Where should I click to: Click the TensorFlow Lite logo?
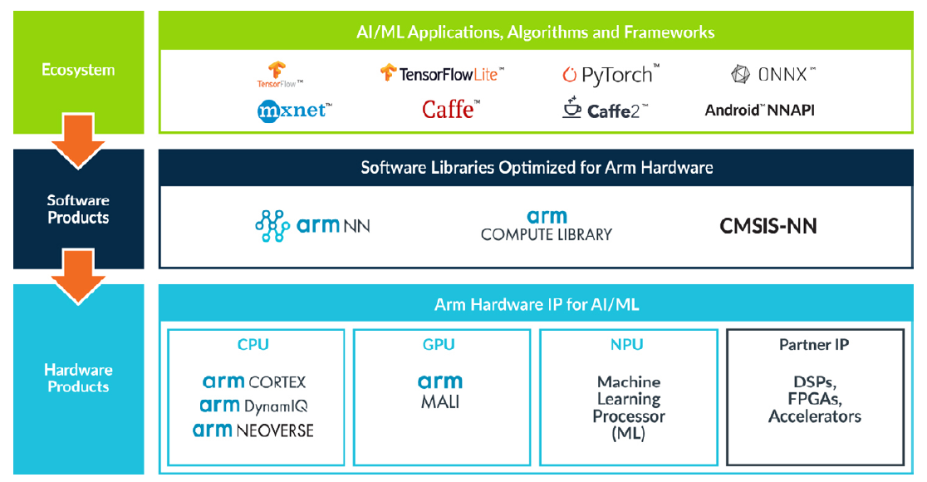point(442,73)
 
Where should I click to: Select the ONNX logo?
point(773,74)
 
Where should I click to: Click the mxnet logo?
point(295,109)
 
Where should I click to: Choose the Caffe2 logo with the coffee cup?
point(606,109)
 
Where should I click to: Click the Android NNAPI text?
point(759,110)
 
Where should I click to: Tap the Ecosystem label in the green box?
point(78,70)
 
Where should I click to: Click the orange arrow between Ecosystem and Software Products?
point(78,149)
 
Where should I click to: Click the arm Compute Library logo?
point(547,225)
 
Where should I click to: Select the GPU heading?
point(440,344)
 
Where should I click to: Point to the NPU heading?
point(627,344)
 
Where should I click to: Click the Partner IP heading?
point(814,344)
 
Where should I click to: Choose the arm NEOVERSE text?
point(253,430)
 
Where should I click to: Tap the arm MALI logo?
point(440,391)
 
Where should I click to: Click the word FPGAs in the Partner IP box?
point(814,399)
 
